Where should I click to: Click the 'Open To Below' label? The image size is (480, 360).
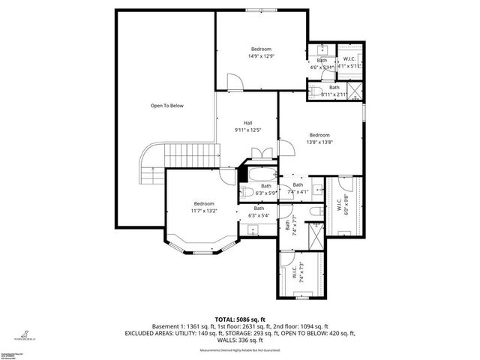pos(166,106)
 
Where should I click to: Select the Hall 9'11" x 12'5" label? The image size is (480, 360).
pos(247,127)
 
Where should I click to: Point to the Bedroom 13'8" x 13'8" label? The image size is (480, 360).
pos(320,139)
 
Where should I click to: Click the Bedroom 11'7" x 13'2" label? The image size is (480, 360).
pos(204,208)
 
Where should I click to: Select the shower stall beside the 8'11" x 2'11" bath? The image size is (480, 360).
pos(355,91)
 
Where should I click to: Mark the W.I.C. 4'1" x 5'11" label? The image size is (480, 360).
pos(349,63)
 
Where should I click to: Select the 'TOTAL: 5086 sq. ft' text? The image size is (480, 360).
pos(239,319)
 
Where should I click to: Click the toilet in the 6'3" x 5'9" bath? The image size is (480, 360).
pos(245,192)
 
